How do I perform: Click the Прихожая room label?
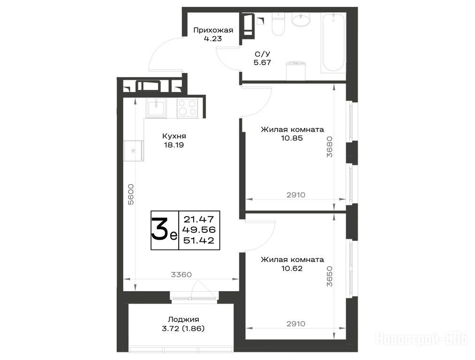(x=213, y=30)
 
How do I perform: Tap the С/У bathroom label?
(x=262, y=54)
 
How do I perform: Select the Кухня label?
(x=174, y=136)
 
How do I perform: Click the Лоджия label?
(x=183, y=319)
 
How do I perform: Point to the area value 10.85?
(x=292, y=138)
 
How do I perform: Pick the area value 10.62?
(x=292, y=269)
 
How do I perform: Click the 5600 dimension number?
(x=130, y=195)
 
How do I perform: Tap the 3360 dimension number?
(x=181, y=275)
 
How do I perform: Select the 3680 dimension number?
(x=329, y=147)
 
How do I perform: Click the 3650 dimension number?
(x=329, y=276)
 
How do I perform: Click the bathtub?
(x=333, y=43)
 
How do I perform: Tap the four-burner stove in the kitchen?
(x=187, y=108)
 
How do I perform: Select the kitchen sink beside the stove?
(x=156, y=108)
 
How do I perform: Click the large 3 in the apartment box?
(x=160, y=229)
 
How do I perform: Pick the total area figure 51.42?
(x=199, y=241)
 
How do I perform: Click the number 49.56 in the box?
(x=199, y=230)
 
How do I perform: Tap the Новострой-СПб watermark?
(x=422, y=338)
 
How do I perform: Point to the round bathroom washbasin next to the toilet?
(x=301, y=20)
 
